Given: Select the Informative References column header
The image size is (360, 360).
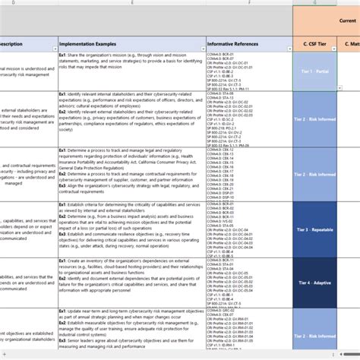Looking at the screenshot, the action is click(x=237, y=45).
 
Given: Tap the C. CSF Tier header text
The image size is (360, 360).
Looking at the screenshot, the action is click(x=320, y=45).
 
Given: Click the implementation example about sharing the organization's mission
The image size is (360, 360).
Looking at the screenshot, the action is click(x=130, y=62).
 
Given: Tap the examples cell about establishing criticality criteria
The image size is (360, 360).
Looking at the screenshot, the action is click(x=130, y=228).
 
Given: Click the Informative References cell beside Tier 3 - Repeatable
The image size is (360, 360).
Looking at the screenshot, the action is click(x=249, y=229).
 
